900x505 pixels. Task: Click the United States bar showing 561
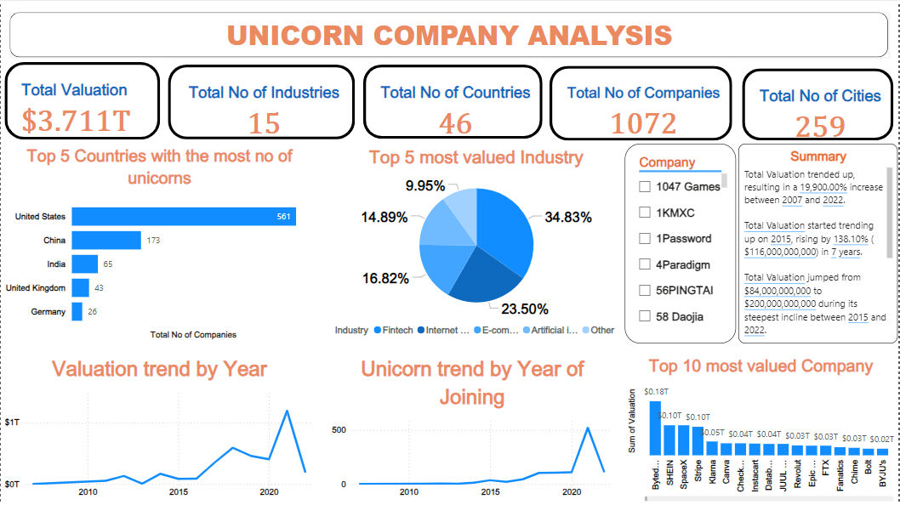point(183,217)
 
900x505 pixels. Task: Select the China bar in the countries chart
point(106,241)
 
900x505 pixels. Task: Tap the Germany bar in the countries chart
point(77,312)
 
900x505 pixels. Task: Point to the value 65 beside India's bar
point(108,264)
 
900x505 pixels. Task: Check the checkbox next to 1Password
point(645,239)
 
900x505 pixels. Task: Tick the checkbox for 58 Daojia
point(645,317)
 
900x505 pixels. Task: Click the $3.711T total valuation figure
point(77,122)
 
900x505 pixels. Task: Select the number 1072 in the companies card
point(643,124)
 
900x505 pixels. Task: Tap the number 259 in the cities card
point(820,127)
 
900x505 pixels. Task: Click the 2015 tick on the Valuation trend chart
point(179,492)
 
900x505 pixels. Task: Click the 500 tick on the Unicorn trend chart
point(339,430)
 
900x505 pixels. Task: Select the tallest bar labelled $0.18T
point(655,428)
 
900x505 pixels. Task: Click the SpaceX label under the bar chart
point(684,473)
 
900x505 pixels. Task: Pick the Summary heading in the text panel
point(817,156)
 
